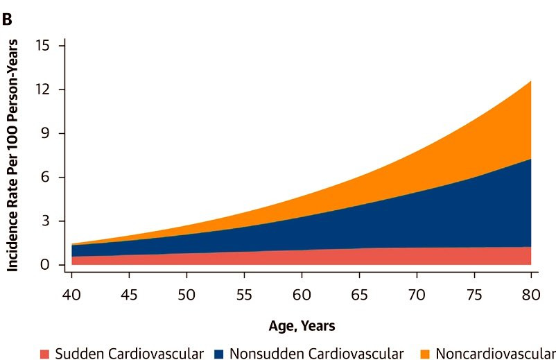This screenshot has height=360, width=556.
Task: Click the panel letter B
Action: (7, 19)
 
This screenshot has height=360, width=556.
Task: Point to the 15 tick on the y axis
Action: (42, 45)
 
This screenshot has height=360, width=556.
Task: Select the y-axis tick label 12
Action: (42, 89)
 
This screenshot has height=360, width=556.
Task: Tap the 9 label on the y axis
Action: (46, 133)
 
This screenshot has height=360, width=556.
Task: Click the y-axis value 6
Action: (46, 177)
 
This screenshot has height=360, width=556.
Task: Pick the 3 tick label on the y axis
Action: (46, 221)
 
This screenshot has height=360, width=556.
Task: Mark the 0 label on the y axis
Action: (45, 264)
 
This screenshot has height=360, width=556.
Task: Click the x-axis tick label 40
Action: (71, 295)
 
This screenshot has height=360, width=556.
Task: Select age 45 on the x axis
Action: (129, 295)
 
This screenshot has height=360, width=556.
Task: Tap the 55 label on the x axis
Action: (244, 295)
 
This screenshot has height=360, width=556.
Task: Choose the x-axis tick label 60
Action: (302, 295)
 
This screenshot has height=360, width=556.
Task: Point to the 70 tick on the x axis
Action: (417, 295)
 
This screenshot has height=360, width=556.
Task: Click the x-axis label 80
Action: (531, 295)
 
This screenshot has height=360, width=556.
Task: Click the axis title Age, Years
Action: (302, 326)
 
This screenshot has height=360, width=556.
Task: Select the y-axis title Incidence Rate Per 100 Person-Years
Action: (12, 155)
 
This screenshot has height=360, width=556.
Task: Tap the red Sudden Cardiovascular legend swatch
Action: (44, 354)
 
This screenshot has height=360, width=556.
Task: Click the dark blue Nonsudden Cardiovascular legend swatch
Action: (219, 354)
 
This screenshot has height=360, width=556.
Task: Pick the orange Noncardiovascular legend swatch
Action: (425, 354)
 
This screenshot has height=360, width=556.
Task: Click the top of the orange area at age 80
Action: (530, 81)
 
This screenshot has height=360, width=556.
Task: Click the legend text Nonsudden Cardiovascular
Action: (317, 354)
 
